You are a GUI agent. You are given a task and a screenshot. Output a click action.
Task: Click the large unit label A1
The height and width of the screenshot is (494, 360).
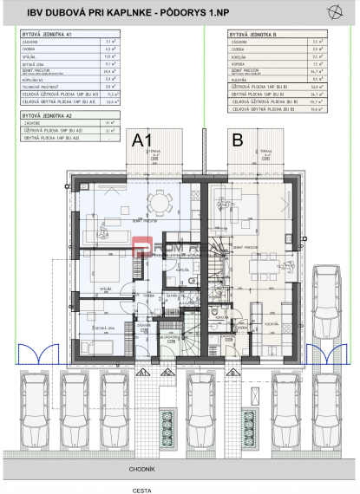141,139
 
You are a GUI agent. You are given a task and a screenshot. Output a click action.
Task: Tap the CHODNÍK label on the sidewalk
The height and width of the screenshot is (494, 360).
180,469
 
